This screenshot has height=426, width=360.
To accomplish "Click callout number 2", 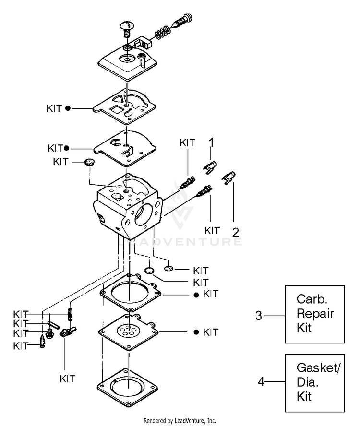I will point(235,232).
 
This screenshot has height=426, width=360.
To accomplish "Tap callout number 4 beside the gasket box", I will point(261,382).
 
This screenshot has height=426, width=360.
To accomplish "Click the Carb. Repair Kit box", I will point(315,314).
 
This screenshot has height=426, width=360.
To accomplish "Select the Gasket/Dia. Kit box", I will point(315,382).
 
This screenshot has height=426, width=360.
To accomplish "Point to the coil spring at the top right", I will point(163,34).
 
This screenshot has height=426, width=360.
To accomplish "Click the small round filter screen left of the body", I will point(88,162).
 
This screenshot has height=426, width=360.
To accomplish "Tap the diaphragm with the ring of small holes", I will point(129,331).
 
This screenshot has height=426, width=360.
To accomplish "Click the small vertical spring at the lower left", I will point(71,314).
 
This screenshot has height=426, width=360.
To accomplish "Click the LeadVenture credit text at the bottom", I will point(180,421).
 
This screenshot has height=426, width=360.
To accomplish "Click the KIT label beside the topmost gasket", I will point(54,108).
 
